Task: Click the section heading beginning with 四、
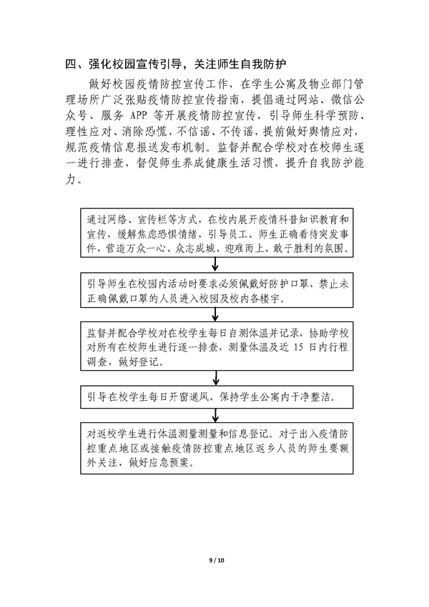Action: [x=177, y=64]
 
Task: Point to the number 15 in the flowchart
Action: [x=298, y=347]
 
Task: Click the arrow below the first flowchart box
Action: [x=215, y=264]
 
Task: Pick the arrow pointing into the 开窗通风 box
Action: [x=216, y=378]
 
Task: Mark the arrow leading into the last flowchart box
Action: [x=216, y=415]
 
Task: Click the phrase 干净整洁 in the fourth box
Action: [x=312, y=397]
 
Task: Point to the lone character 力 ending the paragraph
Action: [x=71, y=179]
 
